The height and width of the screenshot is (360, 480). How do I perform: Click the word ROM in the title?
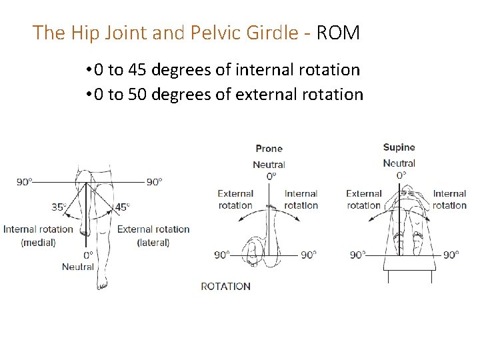(338, 33)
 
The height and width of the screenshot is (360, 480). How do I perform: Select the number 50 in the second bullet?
(137, 94)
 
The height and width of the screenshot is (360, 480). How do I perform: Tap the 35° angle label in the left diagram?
(59, 207)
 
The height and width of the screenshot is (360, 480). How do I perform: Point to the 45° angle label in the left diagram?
(122, 207)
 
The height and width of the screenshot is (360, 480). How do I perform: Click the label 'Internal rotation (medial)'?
(38, 235)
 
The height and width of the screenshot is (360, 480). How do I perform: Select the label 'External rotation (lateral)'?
(153, 235)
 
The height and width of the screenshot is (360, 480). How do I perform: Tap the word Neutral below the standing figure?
(78, 267)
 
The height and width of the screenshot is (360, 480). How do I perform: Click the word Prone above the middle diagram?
(269, 149)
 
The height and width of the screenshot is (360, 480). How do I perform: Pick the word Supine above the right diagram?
(399, 147)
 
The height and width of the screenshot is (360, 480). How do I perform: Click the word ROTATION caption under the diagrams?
(225, 286)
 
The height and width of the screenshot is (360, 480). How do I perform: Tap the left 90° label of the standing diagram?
(25, 181)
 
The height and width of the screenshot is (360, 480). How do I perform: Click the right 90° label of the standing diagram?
(154, 181)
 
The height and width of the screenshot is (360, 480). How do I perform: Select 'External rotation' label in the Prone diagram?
(235, 199)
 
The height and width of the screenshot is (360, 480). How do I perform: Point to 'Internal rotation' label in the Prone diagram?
(301, 199)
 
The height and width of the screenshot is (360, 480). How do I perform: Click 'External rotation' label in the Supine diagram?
(363, 199)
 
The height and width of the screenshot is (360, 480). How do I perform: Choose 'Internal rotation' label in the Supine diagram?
(449, 199)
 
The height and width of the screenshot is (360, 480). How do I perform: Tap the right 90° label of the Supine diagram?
(452, 255)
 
